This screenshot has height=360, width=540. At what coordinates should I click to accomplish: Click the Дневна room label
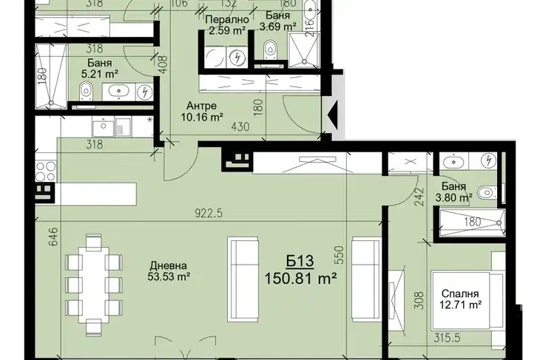click(169, 265)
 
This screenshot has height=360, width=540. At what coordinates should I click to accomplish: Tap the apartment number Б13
click(300, 262)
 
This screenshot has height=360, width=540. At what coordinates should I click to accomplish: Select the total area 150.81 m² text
click(300, 279)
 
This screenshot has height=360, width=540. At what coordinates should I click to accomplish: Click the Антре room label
click(201, 106)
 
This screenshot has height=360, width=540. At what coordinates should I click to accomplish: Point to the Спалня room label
click(460, 293)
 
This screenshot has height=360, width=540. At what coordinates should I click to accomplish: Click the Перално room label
click(226, 19)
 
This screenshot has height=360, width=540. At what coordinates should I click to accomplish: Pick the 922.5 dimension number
click(209, 214)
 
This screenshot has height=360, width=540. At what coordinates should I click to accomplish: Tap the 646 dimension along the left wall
click(53, 236)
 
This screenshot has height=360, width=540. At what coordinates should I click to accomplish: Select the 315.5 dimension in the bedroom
click(446, 338)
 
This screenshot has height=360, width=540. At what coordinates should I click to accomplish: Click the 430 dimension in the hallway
click(240, 127)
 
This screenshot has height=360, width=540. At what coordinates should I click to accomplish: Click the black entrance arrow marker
click(332, 114)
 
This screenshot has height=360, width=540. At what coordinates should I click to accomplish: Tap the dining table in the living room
click(93, 285)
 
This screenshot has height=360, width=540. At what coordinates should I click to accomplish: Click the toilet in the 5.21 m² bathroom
click(86, 92)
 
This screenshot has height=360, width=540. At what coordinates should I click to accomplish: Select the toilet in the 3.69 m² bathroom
click(270, 49)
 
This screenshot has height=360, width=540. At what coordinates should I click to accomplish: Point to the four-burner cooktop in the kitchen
click(45, 171)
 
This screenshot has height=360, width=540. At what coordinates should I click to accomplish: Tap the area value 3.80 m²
click(454, 198)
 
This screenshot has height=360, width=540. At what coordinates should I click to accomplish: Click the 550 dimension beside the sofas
click(340, 254)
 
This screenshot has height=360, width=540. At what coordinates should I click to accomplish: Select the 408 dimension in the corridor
click(163, 64)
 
